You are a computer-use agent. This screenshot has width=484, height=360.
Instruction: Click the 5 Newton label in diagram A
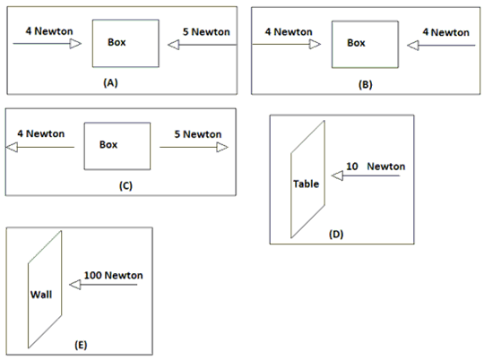coord(206,31)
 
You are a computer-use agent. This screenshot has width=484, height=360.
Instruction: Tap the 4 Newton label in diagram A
coord(49,31)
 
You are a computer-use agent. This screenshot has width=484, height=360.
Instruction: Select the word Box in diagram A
coord(117,42)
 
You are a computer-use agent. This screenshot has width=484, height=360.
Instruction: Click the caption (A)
coord(110,82)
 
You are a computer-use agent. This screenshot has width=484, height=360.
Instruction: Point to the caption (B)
coord(365,84)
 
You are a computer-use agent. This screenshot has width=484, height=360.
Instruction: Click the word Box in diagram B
coord(356,43)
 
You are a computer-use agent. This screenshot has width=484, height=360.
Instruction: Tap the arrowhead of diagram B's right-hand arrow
coord(413,46)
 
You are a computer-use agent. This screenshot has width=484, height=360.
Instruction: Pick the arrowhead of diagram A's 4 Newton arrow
coord(75,44)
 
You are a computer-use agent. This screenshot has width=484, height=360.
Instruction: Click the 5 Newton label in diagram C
coord(198,134)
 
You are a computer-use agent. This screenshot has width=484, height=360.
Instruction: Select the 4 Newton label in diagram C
coord(41,133)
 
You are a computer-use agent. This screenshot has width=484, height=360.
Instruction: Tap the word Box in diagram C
coord(108,145)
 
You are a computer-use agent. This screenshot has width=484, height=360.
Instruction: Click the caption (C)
coord(125,185)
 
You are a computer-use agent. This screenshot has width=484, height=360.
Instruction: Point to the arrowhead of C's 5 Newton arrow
coord(222,147)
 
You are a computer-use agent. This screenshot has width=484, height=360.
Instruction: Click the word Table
coord(307,184)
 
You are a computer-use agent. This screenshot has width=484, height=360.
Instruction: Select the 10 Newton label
coord(376,167)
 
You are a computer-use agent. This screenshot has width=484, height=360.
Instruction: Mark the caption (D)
coord(336,234)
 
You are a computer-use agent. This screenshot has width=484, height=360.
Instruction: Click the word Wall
coord(41,295)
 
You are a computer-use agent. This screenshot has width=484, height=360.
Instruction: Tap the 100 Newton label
coord(114,275)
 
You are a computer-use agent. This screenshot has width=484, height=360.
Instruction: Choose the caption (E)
coord(81,345)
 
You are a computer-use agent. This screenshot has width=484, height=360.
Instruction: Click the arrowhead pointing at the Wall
coord(75,285)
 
